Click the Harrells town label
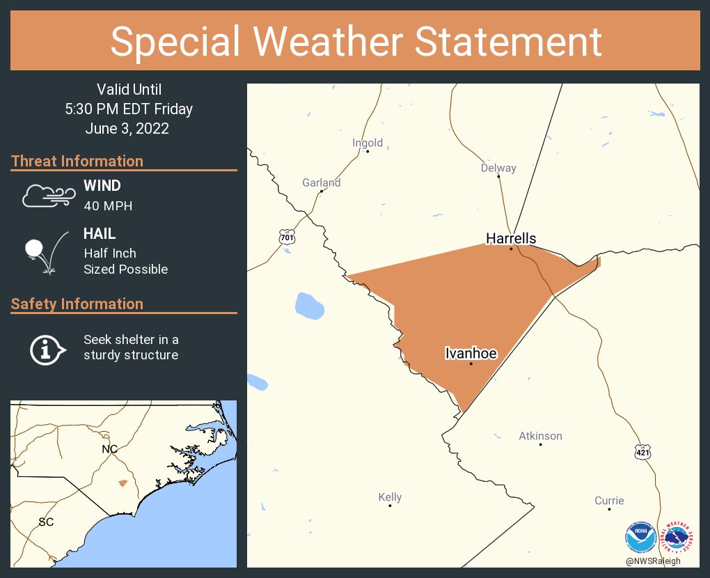coord(511,239)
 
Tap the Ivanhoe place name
coord(471,354)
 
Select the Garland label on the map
coord(322,183)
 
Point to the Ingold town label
coord(368,143)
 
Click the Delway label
coord(498,168)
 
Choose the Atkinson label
coord(540,436)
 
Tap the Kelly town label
coord(390,497)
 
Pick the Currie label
coord(609,501)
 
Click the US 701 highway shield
coord(287,237)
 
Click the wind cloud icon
coord(47,196)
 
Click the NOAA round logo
coord(641,538)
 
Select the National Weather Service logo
coord(679,538)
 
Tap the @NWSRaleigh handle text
coord(653,561)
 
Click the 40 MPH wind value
coord(108,206)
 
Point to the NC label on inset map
coord(109,449)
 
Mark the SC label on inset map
coord(46,522)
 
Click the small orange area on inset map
coord(123,483)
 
